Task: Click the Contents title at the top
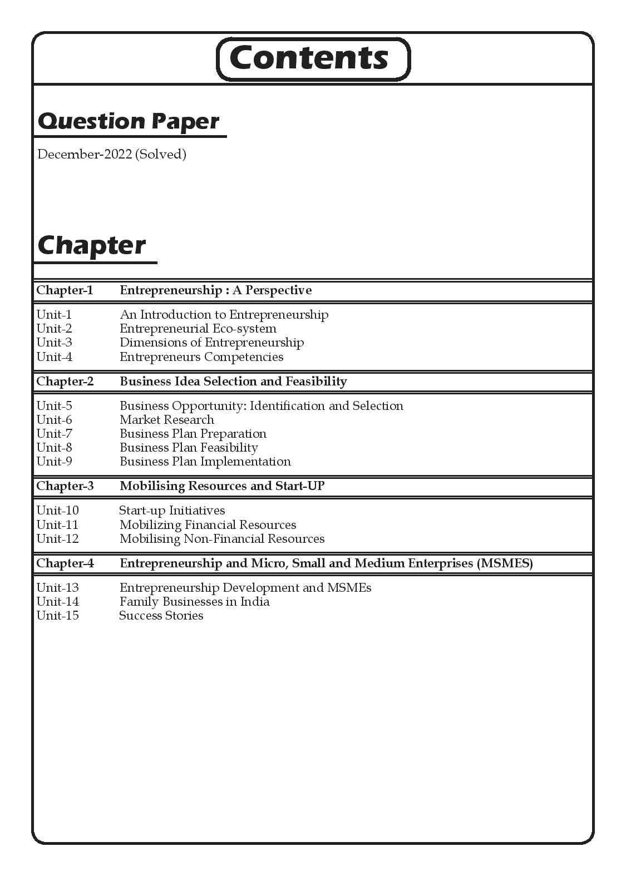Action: tap(309, 58)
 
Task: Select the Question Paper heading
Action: tap(129, 122)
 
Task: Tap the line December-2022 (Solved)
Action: tap(112, 154)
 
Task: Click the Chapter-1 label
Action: tap(65, 290)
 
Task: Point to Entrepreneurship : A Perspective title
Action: tap(215, 290)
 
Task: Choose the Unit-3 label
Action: tap(54, 343)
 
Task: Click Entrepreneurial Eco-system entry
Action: tap(198, 329)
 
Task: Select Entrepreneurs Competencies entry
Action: tap(201, 357)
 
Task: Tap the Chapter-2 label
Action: tap(65, 382)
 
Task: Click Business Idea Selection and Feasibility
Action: tap(233, 382)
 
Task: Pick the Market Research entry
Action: tap(166, 420)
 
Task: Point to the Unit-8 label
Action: tap(54, 448)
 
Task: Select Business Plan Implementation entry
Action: tap(205, 462)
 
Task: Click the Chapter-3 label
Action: tap(65, 486)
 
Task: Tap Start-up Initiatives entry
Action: tap(172, 511)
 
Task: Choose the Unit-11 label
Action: tap(57, 525)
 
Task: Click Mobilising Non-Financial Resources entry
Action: tap(221, 539)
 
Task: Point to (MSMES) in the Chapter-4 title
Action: tap(504, 563)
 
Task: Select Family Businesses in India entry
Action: tap(194, 602)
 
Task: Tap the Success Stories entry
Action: tap(161, 616)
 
